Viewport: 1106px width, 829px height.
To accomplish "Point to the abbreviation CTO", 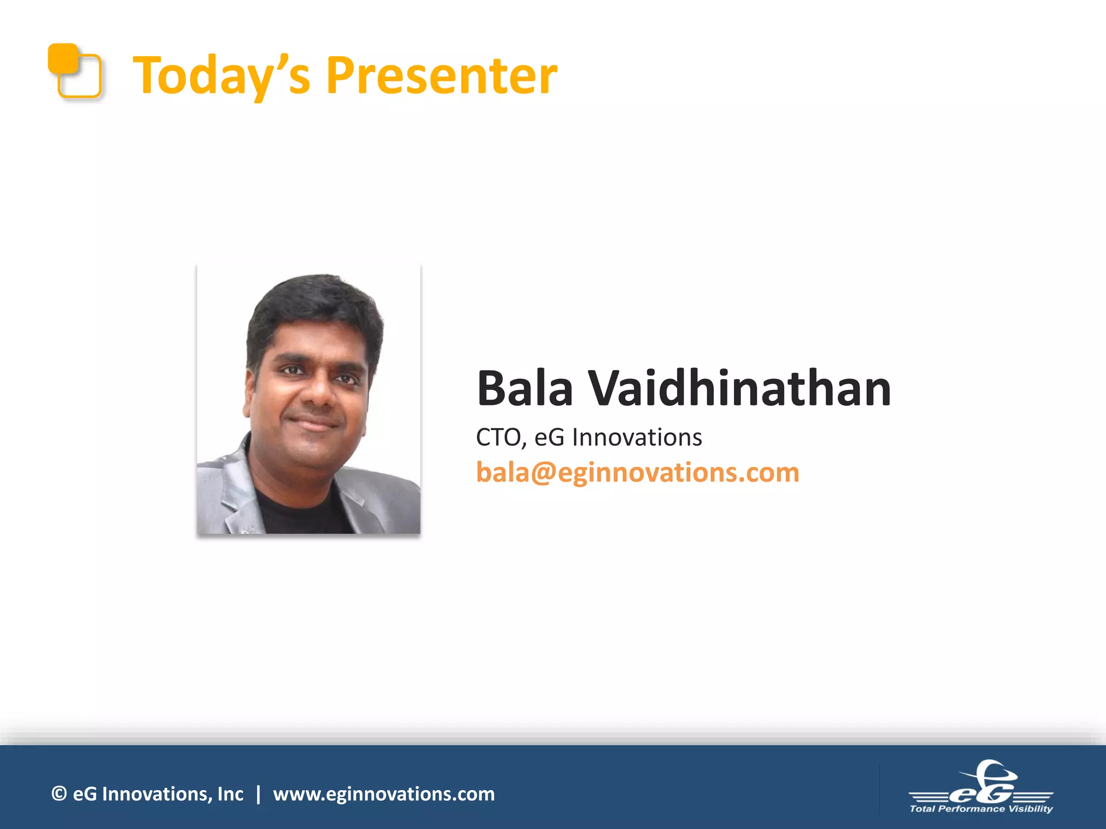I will point(497,437).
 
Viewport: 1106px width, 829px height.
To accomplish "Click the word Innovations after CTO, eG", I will point(637,437).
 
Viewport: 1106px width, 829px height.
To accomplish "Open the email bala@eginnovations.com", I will point(637,472).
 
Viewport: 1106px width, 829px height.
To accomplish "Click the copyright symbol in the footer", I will point(59,793).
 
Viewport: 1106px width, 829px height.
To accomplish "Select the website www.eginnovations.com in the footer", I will point(384,794).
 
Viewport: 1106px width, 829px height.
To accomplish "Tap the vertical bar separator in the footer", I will point(258,794).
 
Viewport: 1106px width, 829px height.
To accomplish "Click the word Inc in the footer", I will point(230,794).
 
